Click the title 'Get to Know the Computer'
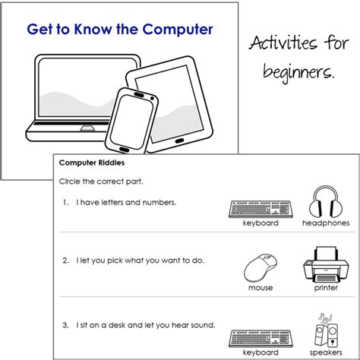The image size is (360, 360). pyautogui.click(x=121, y=31)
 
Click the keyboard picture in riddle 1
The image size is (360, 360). pyautogui.click(x=261, y=207)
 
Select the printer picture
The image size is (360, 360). pyautogui.click(x=327, y=263)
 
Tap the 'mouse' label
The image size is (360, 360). pyautogui.click(x=261, y=288)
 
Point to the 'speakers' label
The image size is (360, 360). pyautogui.click(x=328, y=353)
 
